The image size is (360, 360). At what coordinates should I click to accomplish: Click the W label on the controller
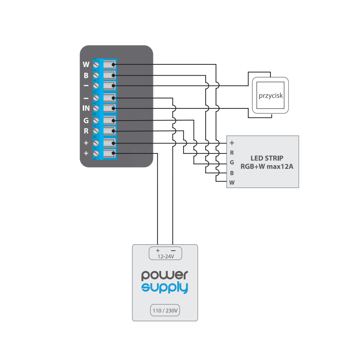[x=86, y=64]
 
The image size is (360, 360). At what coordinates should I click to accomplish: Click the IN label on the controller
[x=86, y=108]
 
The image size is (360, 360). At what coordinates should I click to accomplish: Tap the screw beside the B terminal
[x=96, y=75]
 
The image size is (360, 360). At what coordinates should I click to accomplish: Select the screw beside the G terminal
[x=96, y=120]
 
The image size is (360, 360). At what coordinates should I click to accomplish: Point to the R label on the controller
[x=86, y=131]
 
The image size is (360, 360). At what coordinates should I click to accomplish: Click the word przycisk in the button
[x=271, y=95]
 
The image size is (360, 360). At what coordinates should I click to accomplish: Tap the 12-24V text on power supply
[x=166, y=256]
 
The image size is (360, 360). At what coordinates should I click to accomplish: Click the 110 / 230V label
[x=165, y=310]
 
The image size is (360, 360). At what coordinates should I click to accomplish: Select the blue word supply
[x=165, y=288]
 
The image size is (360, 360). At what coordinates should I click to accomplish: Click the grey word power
[x=165, y=275]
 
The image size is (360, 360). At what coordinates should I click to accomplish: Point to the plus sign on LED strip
[x=232, y=143]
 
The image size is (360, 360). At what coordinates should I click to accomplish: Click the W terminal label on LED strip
[x=232, y=183]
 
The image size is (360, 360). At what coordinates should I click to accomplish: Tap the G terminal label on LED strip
[x=232, y=162]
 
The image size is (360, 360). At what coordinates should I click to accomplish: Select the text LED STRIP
[x=267, y=158]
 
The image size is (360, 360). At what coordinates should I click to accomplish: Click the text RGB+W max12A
[x=267, y=166]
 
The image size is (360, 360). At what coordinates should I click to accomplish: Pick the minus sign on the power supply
[x=173, y=251]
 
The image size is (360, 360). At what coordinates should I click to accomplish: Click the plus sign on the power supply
[x=158, y=251]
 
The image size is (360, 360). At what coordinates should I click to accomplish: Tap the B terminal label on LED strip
[x=232, y=173]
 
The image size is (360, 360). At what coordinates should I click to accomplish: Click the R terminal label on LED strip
[x=232, y=153]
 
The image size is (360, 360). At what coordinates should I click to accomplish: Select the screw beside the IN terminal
[x=96, y=108]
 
